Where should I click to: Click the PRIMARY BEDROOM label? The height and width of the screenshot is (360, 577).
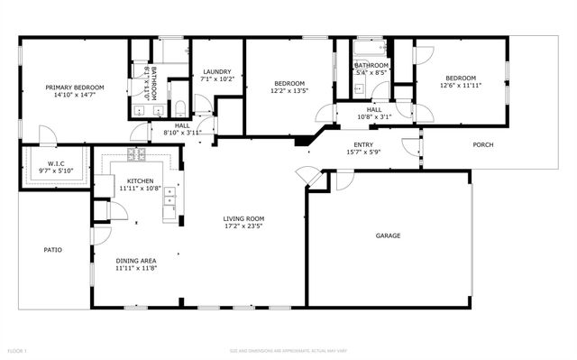(75, 87)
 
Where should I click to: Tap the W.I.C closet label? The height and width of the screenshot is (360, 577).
(53, 164)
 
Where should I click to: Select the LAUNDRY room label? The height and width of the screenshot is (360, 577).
(217, 72)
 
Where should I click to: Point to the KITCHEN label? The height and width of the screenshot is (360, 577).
(140, 181)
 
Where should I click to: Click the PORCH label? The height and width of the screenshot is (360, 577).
(483, 144)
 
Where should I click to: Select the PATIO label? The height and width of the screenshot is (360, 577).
(52, 249)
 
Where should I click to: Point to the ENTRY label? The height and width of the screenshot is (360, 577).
(363, 144)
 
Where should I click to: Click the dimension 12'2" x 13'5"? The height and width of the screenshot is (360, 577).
(289, 90)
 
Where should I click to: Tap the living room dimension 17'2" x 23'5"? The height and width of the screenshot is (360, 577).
(243, 226)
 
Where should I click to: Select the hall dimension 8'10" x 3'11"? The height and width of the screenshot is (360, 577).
(182, 133)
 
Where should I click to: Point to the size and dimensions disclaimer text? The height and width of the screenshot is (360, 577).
(288, 350)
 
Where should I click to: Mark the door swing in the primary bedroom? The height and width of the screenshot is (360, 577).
(47, 135)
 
